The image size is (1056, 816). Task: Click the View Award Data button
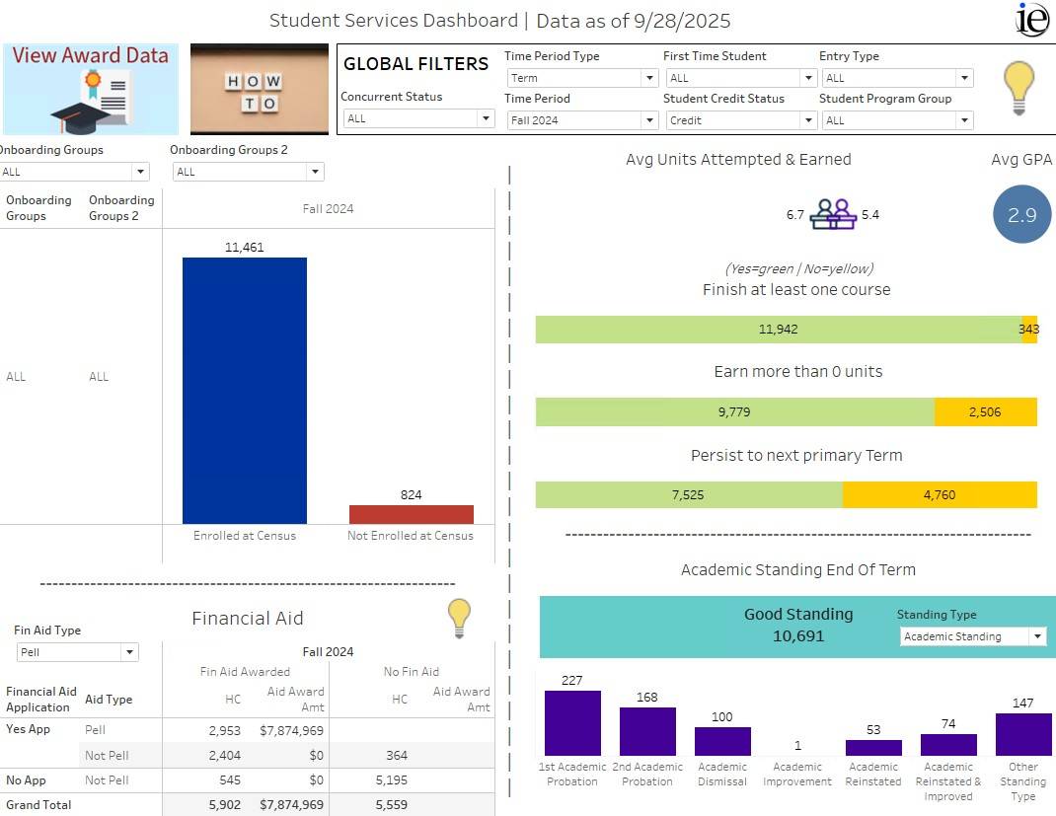(x=91, y=89)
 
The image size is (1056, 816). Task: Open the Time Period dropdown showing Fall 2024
(x=581, y=120)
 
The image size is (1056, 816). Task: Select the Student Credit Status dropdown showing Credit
(x=740, y=120)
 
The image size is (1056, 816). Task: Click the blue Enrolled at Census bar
(x=245, y=390)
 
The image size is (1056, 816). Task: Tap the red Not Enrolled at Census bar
(x=411, y=514)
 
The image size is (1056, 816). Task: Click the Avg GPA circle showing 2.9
(x=1021, y=214)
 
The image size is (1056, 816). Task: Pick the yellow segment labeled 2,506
(x=984, y=412)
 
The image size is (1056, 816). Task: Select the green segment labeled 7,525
(x=688, y=495)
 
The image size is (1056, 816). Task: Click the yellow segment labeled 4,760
(x=939, y=495)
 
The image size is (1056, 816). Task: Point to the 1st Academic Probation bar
(x=572, y=723)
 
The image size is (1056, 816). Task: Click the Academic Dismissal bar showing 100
(x=722, y=741)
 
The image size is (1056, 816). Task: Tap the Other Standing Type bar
(x=1022, y=734)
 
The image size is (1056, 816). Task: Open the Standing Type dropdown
(x=972, y=637)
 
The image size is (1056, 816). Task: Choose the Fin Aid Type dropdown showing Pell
(x=78, y=652)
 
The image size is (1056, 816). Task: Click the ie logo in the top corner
(x=1032, y=19)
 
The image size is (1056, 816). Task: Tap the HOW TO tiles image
(x=259, y=90)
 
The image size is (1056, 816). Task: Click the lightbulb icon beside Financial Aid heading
(x=459, y=618)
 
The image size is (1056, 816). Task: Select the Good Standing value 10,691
(x=797, y=636)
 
